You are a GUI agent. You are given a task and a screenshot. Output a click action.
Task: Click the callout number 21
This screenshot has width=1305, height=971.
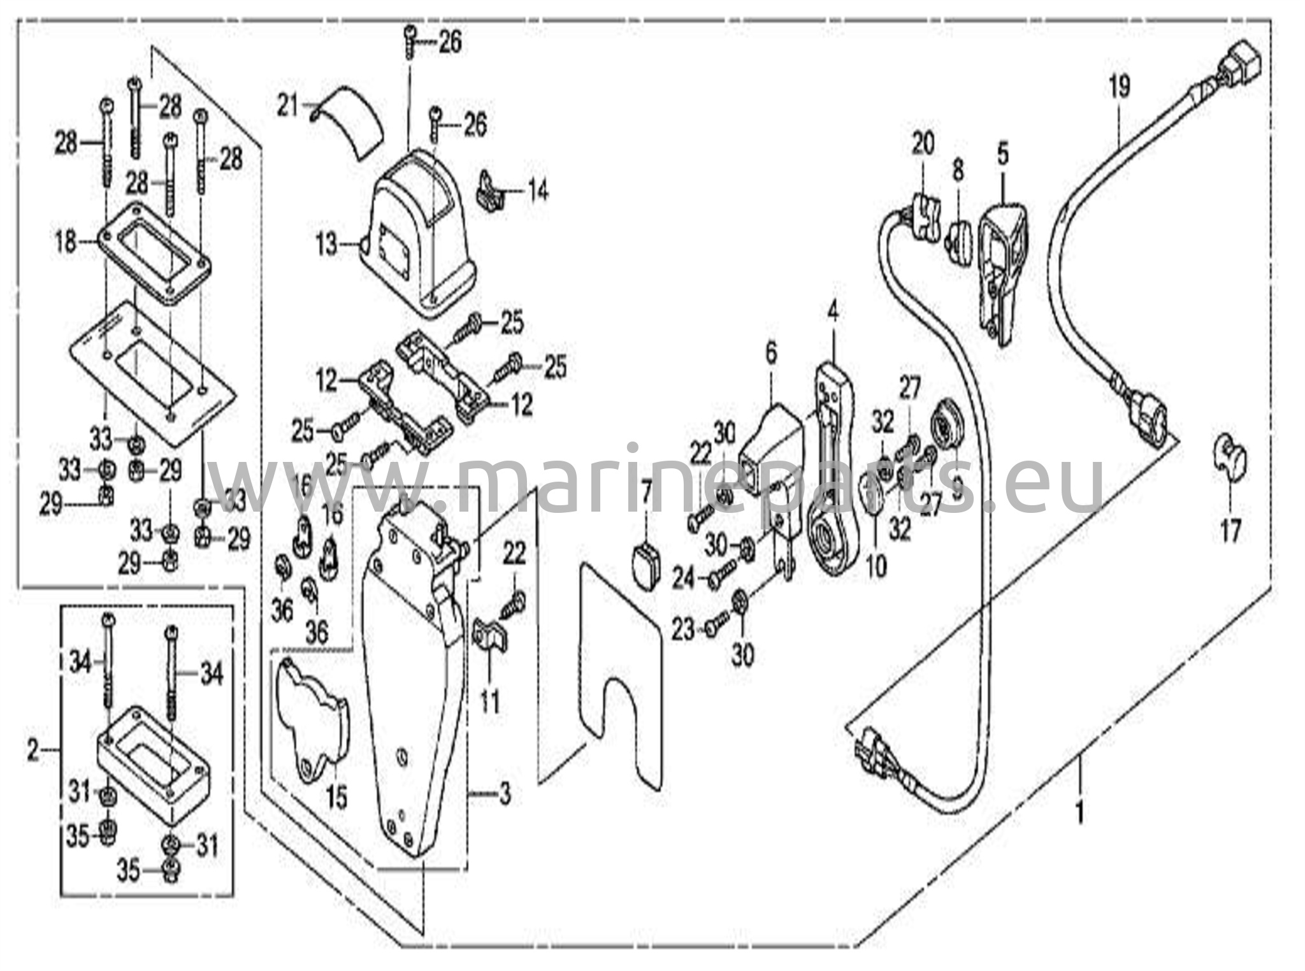pyautogui.click(x=287, y=106)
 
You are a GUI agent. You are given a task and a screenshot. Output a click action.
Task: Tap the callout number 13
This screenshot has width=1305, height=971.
pyautogui.click(x=327, y=244)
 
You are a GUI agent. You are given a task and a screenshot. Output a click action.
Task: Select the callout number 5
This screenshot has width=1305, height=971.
pyautogui.click(x=1003, y=154)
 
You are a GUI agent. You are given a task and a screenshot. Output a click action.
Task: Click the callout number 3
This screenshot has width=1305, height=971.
pyautogui.click(x=505, y=795)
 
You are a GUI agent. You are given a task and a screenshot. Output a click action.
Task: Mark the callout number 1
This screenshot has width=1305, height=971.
pyautogui.click(x=1079, y=814)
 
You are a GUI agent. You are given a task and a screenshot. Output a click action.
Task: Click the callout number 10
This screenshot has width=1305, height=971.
pyautogui.click(x=877, y=566)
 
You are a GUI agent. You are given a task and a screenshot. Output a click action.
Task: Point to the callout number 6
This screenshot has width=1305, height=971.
pyautogui.click(x=772, y=354)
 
